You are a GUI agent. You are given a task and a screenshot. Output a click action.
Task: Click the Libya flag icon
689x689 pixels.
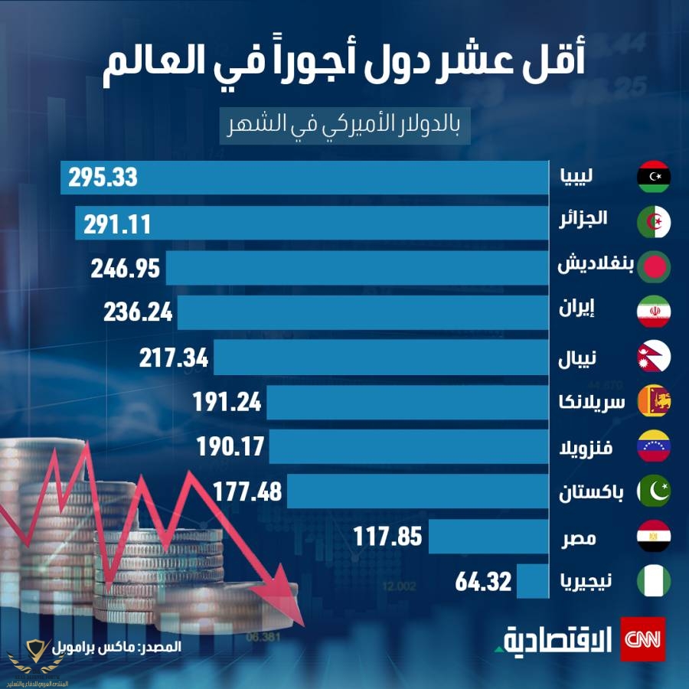pos(654,177)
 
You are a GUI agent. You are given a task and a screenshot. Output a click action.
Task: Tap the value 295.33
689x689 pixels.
pos(102,178)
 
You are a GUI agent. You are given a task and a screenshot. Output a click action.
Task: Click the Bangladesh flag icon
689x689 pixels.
pos(654,266)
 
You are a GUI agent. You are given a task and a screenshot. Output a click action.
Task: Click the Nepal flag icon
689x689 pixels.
pos(654,356)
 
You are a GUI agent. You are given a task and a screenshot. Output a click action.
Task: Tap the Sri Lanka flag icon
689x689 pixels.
pos(654,401)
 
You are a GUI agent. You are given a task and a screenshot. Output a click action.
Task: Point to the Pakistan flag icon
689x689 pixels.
pos(654,491)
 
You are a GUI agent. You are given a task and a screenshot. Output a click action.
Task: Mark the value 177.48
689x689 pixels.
pos(243,491)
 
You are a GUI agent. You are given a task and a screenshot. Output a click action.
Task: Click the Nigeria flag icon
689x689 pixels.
pos(654,581)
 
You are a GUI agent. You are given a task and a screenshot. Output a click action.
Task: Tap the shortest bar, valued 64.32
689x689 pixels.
pos(534,581)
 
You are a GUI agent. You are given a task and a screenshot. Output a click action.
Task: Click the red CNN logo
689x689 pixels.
pos(642,638)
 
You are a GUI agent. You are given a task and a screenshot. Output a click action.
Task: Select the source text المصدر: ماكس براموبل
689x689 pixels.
pos(131,646)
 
